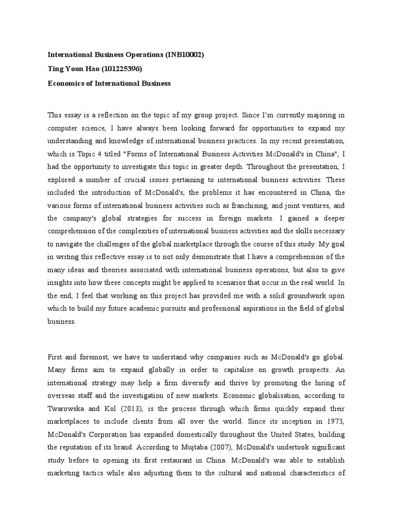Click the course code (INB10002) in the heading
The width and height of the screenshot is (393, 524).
click(x=185, y=55)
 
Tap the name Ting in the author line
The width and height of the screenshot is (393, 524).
click(x=55, y=69)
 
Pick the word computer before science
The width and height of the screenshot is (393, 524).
click(x=64, y=127)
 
